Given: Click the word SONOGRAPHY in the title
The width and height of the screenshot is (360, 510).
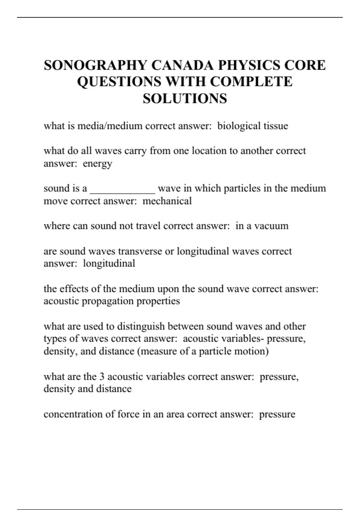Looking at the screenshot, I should [95, 65].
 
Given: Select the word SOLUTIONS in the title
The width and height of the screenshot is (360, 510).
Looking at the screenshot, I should [185, 98].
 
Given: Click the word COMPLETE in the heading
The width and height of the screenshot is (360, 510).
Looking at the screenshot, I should [251, 82].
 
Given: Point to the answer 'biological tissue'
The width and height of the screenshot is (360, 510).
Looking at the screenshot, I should [253, 126].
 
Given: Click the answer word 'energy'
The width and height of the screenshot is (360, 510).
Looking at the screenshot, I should [97, 164].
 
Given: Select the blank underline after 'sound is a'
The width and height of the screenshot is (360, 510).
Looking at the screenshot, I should [122, 192].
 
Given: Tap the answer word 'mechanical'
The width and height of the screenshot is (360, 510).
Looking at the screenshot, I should [167, 201].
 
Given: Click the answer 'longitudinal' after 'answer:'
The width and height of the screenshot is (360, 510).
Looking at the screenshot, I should [109, 263].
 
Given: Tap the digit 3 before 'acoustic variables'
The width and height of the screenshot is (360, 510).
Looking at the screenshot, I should [102, 376].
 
